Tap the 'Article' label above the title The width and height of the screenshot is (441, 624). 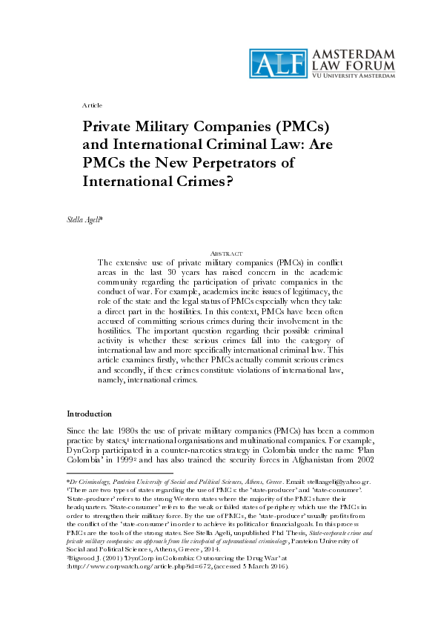pos(93,106)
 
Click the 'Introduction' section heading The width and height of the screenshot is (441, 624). pos(90,413)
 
